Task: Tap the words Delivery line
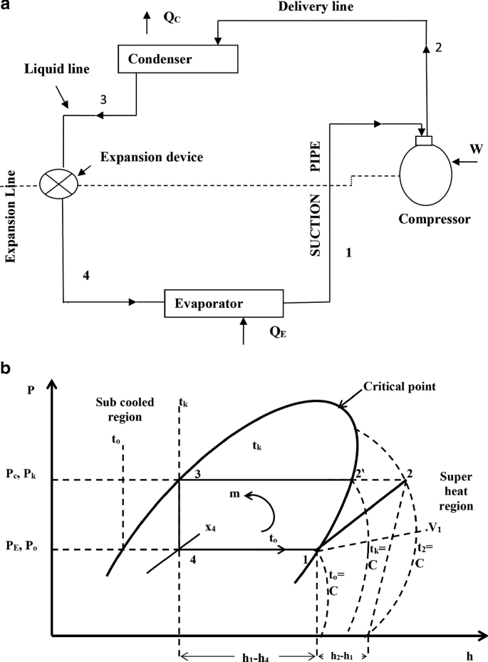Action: point(326,7)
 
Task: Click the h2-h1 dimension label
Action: point(343,636)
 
